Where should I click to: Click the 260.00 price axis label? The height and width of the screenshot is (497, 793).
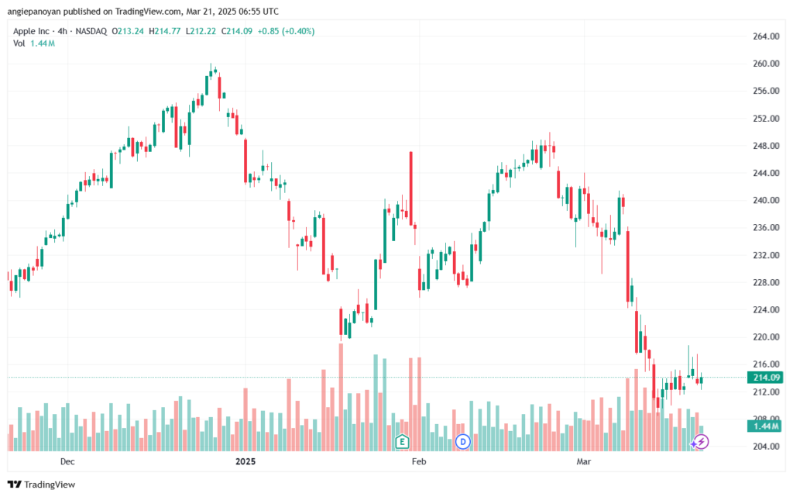click(766, 64)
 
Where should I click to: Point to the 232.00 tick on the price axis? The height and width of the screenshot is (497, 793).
click(766, 255)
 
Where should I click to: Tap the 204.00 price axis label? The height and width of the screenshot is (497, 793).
click(766, 447)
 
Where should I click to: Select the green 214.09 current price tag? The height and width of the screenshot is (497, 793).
click(765, 378)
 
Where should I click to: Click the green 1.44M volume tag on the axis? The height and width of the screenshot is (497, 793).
click(765, 426)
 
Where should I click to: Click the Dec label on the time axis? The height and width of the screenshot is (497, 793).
click(67, 461)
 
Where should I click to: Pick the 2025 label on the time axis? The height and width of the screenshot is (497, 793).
click(245, 461)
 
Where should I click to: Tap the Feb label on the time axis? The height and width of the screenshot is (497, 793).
click(419, 461)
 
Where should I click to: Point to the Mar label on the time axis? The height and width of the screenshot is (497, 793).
click(584, 461)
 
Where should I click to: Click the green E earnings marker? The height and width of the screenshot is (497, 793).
click(402, 442)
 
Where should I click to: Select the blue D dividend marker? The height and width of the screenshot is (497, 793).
click(463, 442)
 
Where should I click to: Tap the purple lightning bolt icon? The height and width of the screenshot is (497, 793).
click(701, 442)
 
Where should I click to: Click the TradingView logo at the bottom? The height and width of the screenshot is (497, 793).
click(42, 485)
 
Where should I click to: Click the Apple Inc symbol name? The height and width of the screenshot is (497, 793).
click(31, 31)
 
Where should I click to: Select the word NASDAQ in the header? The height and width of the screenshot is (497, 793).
click(91, 31)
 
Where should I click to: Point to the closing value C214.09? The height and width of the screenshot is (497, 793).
click(237, 31)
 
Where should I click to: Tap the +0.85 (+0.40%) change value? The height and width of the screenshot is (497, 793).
click(286, 31)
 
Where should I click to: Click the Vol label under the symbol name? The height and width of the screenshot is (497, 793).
click(19, 43)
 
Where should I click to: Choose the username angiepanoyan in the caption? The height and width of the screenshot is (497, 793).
click(34, 11)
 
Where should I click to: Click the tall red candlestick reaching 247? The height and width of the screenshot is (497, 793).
click(411, 188)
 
